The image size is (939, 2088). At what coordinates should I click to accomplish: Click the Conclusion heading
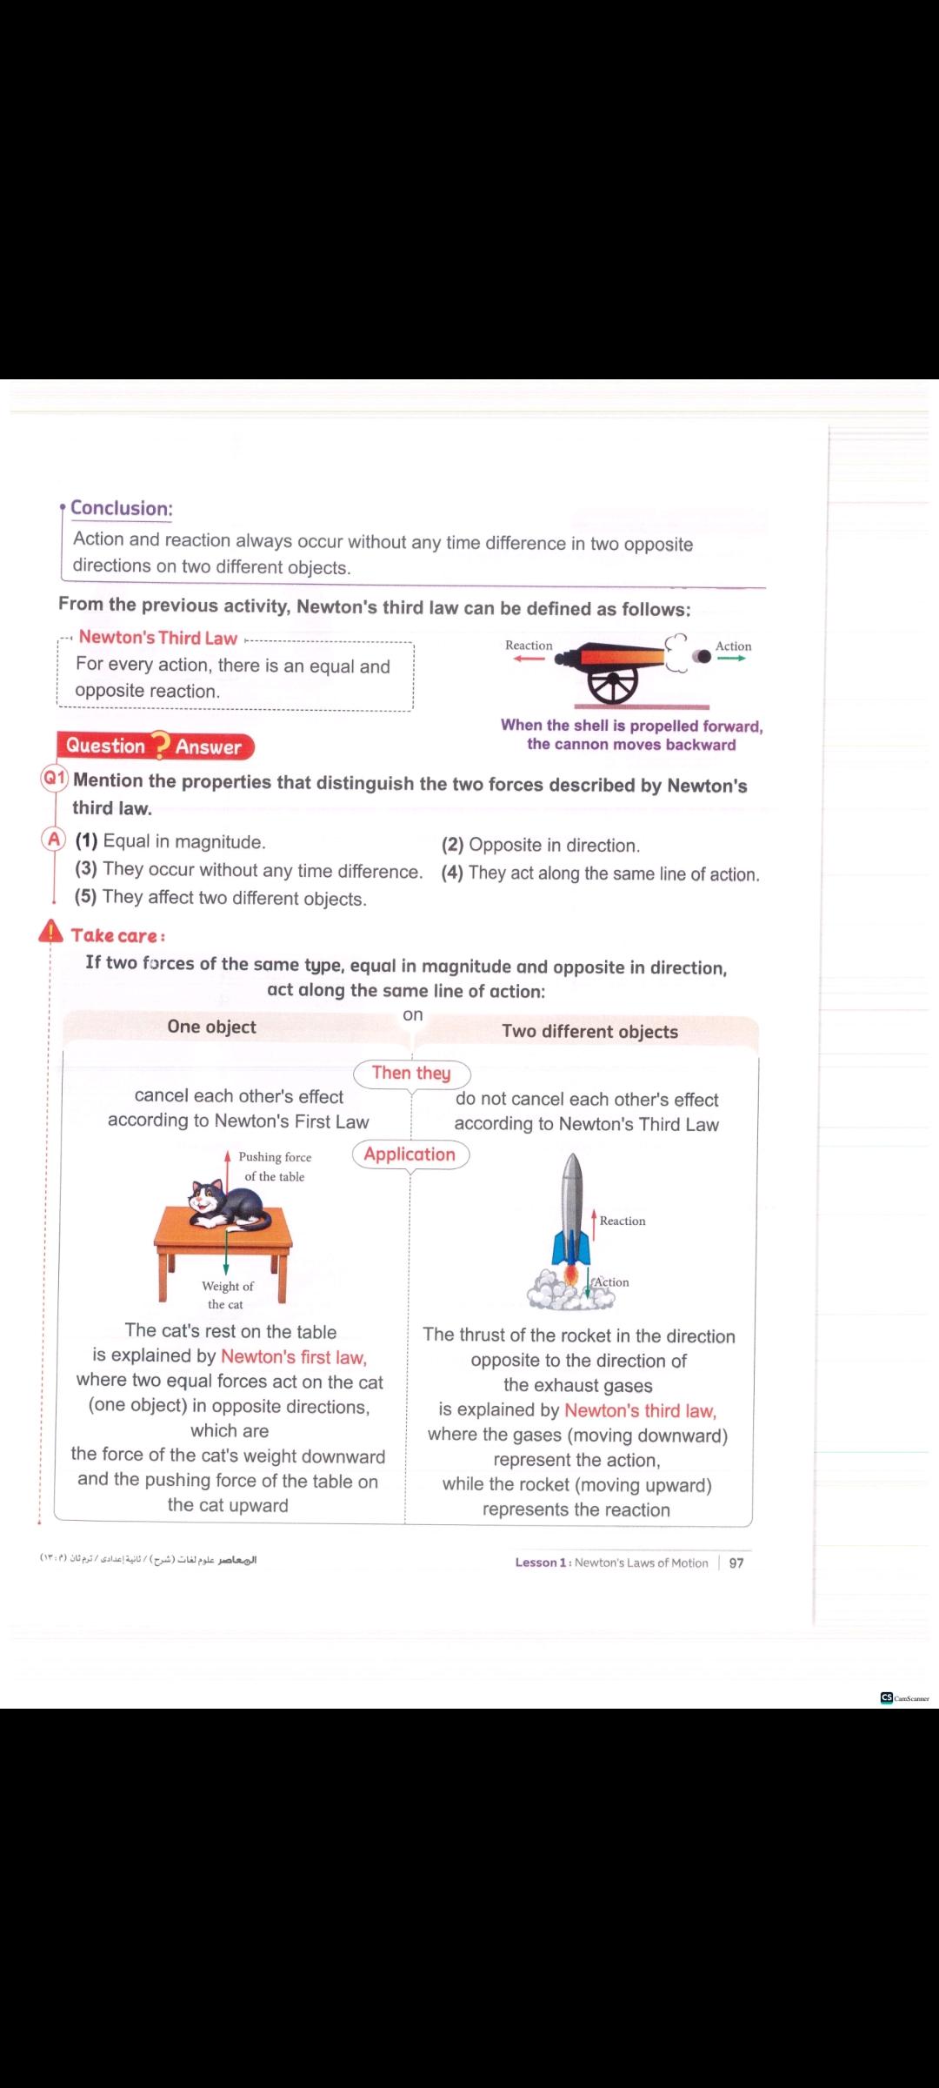(x=121, y=508)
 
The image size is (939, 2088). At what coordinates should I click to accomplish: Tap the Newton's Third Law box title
(x=157, y=638)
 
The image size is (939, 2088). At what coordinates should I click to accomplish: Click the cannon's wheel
(x=612, y=685)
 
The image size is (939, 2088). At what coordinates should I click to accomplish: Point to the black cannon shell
(x=702, y=657)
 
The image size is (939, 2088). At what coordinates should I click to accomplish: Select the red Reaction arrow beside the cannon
(x=529, y=659)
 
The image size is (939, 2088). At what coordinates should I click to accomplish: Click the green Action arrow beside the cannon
(x=731, y=659)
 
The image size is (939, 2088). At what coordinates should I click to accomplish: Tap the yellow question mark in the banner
(x=160, y=746)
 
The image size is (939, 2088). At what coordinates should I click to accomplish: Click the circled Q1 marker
(x=55, y=778)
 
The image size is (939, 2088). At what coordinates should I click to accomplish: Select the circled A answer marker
(x=54, y=839)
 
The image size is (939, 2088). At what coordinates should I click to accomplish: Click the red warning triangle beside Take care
(x=51, y=933)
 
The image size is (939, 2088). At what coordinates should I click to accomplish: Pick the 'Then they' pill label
(x=411, y=1074)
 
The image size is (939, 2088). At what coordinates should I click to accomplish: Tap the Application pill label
(x=410, y=1154)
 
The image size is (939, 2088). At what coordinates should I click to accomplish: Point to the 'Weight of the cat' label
(x=227, y=1295)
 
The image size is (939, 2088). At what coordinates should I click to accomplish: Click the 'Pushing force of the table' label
(x=275, y=1167)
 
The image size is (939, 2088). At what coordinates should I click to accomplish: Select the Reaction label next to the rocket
(x=623, y=1221)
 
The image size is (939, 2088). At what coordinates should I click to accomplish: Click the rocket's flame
(x=572, y=1276)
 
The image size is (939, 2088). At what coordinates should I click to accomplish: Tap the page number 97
(x=736, y=1563)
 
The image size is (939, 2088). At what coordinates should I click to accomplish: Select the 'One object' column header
(x=211, y=1027)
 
